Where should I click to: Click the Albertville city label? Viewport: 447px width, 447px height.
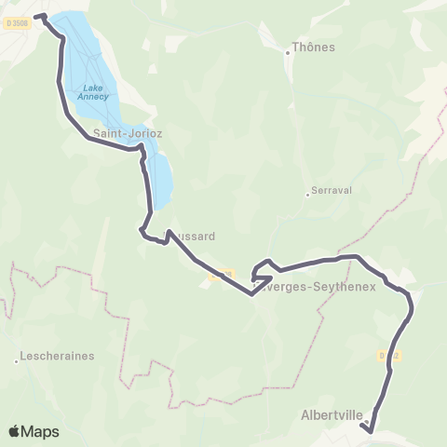(332, 415)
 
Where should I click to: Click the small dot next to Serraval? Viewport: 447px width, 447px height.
(307, 195)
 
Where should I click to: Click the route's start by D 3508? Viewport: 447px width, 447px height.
(37, 16)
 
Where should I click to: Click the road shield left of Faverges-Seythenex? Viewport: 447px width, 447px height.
(219, 276)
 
